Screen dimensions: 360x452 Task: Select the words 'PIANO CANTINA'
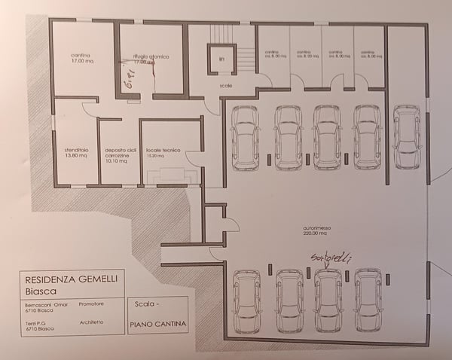point(156,325)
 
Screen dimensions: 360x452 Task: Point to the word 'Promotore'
point(90,304)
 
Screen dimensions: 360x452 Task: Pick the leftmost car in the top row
point(246,136)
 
